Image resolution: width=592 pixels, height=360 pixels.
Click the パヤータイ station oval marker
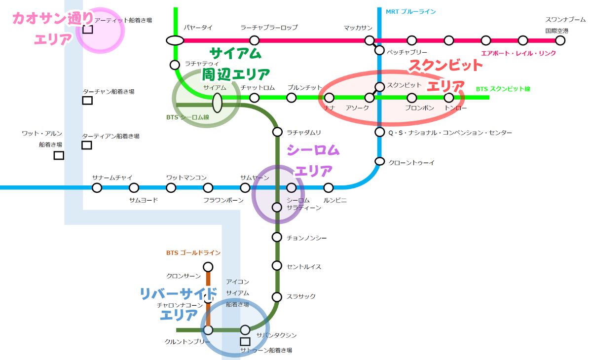175,40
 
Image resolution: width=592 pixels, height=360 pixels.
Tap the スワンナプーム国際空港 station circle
560,40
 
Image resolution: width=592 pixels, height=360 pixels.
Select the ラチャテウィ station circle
175,65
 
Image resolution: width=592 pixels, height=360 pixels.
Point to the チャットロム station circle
254,98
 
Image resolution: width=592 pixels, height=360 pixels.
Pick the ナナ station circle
329,98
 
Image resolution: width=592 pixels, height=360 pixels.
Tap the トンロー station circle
448,98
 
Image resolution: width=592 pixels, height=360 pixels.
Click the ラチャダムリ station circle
277,132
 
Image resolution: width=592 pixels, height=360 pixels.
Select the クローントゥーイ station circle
379,161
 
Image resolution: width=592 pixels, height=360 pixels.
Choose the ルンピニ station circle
329,187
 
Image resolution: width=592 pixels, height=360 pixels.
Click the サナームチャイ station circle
97,187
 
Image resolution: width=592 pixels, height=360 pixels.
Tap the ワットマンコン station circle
171,187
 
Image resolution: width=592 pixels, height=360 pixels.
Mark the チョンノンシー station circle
277,237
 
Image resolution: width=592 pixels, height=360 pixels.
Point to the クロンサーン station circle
208,267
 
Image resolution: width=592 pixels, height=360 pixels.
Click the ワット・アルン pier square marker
59,155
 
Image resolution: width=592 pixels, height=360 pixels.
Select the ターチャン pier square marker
87,101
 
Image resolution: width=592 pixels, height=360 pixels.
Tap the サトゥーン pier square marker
245,341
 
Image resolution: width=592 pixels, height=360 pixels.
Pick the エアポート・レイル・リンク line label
518,53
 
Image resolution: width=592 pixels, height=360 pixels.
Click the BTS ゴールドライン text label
193,253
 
